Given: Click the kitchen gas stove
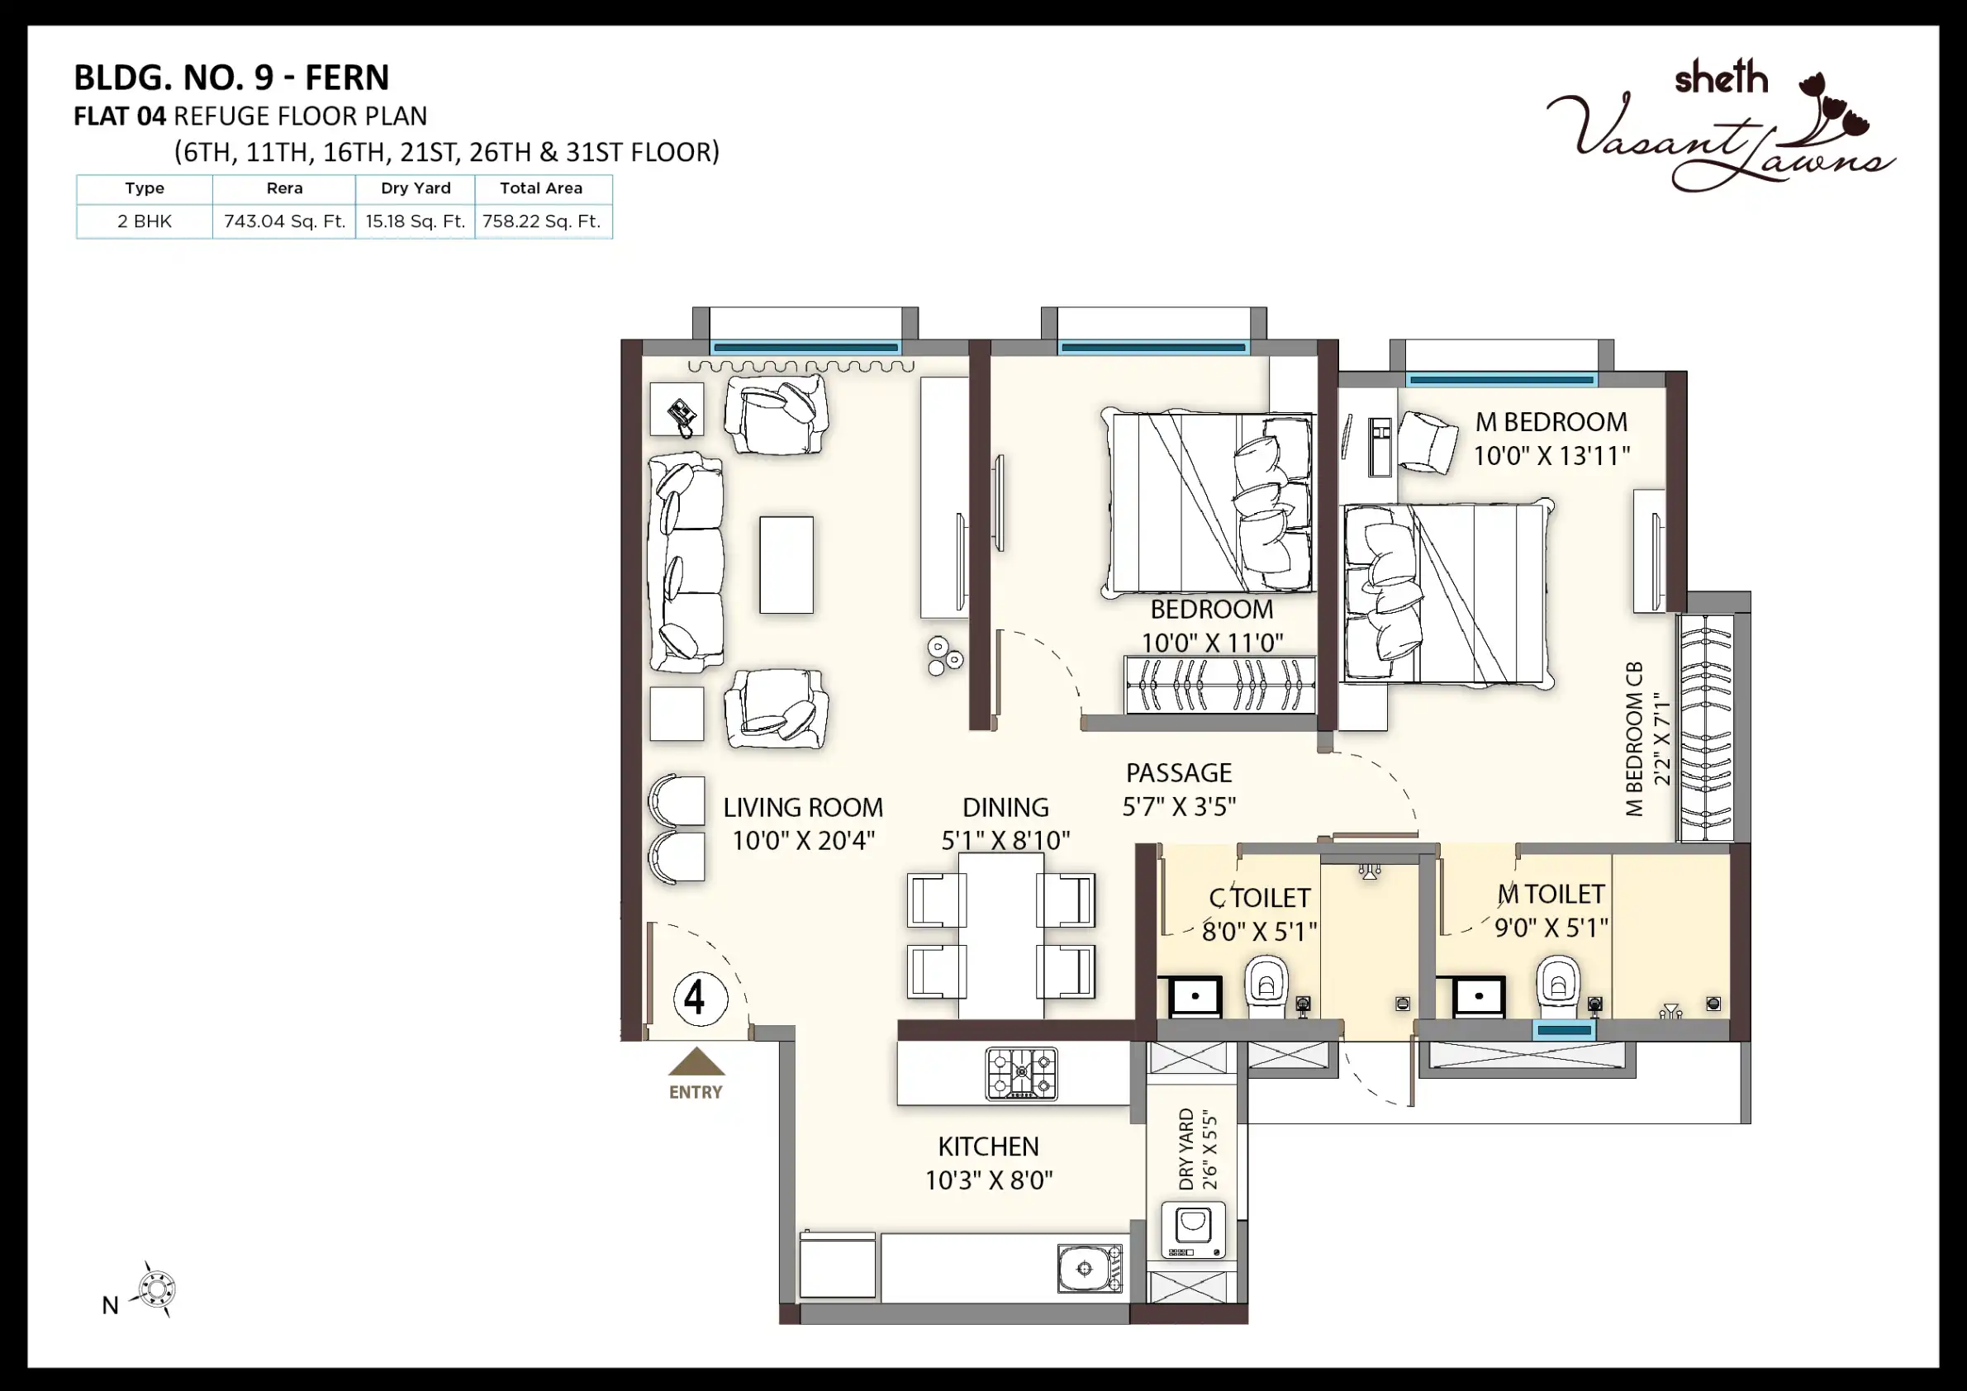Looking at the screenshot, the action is point(1021,1072).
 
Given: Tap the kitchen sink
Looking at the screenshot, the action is point(1089,1268).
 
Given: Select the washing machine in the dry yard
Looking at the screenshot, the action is point(1193,1230).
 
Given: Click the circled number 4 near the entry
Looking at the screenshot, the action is point(700,999).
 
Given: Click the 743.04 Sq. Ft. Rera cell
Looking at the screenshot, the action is point(284,221).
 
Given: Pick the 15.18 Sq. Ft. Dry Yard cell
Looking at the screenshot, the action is point(416,221).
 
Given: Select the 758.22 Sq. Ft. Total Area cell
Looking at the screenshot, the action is point(541,221).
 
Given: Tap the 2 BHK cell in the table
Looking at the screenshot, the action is point(145,221).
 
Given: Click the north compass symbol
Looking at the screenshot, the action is point(155,1289).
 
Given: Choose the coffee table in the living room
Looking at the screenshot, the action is point(786,564).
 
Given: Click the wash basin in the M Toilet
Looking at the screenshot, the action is point(1480,996).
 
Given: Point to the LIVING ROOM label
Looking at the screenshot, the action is point(803,808).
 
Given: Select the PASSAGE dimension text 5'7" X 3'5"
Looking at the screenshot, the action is point(1179,806).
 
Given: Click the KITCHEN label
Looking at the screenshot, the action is point(988,1146).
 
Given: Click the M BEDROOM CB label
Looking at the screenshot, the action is point(1634,738).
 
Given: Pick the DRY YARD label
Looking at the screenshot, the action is point(1186,1149).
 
